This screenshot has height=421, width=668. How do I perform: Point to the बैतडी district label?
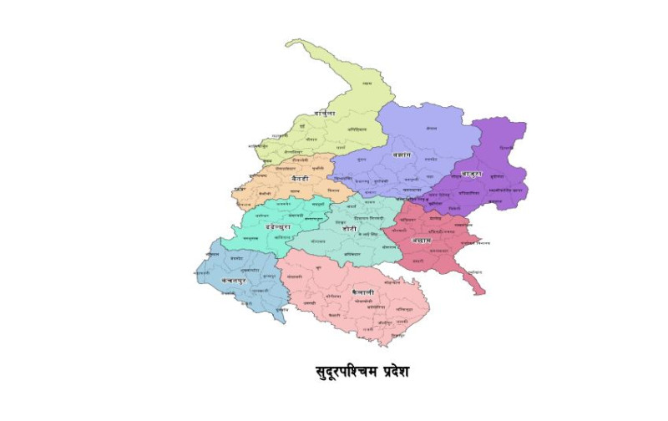pos(300,178)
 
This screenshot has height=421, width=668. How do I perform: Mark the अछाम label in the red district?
pos(421,241)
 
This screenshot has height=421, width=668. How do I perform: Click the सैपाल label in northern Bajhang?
pos(431,128)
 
